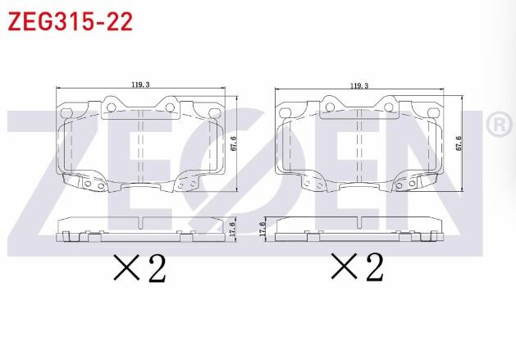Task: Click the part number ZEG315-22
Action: coord(70,21)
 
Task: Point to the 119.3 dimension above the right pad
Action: coord(358,84)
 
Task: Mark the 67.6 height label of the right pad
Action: coord(459,144)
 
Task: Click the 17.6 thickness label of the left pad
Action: coord(233,228)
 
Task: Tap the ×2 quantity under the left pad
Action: coord(140,268)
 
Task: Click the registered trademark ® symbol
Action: coord(498,125)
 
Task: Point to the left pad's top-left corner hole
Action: coord(65,113)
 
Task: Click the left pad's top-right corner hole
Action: coord(214,113)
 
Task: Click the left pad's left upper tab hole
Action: coord(109,104)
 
